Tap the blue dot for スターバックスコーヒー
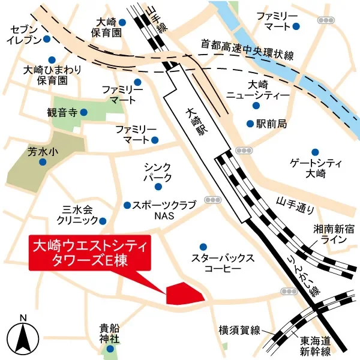click(x=203, y=246)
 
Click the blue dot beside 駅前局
click(x=250, y=124)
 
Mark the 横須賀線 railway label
click(x=239, y=331)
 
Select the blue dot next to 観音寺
click(x=83, y=112)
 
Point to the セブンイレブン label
click(x=24, y=34)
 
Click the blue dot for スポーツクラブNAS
click(x=127, y=205)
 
